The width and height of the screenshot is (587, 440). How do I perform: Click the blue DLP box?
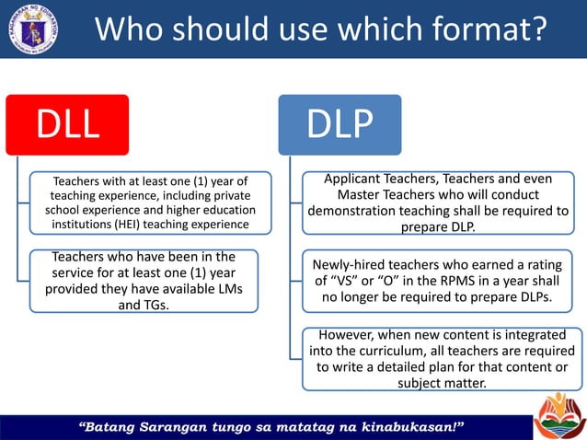click(x=340, y=124)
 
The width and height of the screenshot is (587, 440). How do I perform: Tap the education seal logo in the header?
click(x=32, y=29)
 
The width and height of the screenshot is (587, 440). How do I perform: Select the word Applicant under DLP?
click(x=358, y=179)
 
